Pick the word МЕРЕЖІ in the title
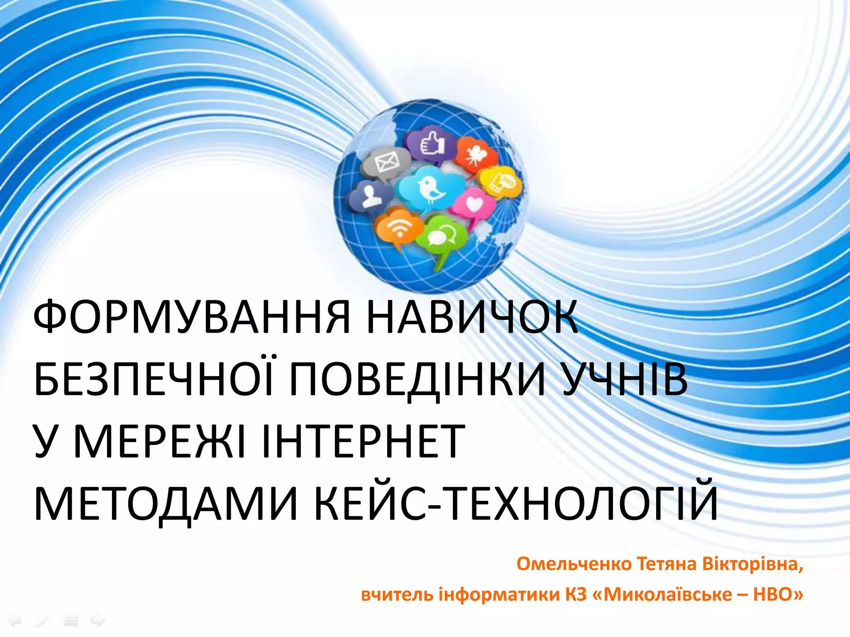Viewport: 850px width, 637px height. point(160,441)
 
